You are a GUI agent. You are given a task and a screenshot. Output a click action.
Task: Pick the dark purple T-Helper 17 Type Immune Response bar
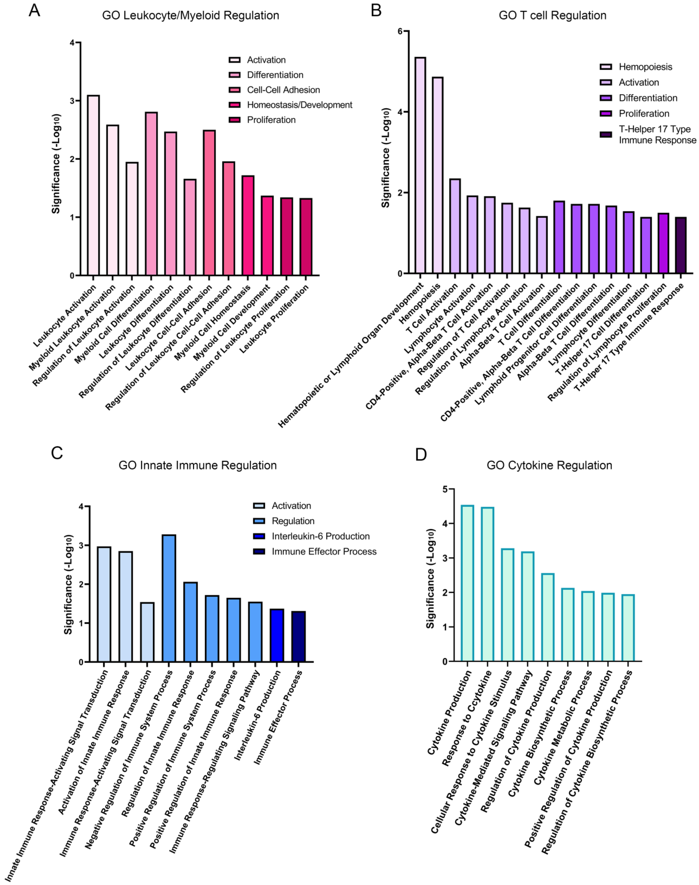(x=681, y=246)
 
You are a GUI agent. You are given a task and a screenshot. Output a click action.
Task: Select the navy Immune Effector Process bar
(x=298, y=637)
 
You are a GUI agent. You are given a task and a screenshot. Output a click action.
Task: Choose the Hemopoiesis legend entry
(x=645, y=67)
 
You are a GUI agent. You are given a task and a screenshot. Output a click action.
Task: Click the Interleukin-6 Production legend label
(x=320, y=536)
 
